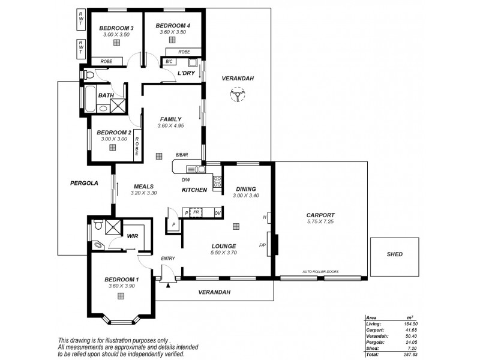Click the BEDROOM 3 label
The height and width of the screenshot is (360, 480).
coord(116,28)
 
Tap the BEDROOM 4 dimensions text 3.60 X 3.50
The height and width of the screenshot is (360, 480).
coord(172,32)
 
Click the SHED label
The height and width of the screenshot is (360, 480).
coord(391,254)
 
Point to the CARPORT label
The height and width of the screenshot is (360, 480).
coord(320,215)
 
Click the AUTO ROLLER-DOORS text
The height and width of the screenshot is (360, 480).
coord(320,272)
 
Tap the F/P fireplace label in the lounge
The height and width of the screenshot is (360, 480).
coord(262,245)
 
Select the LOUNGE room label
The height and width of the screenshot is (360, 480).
coord(223,246)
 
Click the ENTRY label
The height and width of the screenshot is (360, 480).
coord(167,259)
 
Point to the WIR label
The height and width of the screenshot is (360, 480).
coord(133,236)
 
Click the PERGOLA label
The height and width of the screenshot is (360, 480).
coord(84,183)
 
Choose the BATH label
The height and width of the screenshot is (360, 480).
coord(106,95)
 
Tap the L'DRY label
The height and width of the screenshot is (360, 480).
coord(186,73)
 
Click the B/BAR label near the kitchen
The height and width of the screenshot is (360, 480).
coord(182,155)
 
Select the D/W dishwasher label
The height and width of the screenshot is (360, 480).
coord(185,179)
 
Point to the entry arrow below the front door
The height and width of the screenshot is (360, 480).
coord(168,285)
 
